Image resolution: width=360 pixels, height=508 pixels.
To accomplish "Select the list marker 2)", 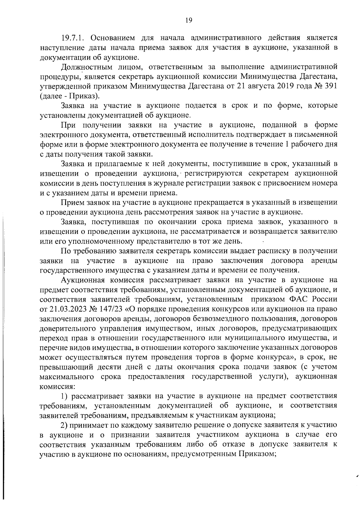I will [64, 425].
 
